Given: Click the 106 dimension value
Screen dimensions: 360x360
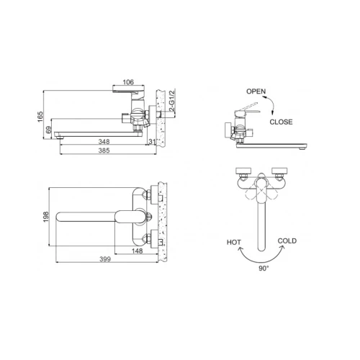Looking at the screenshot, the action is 128,82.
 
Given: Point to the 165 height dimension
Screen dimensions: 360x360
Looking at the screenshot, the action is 40,117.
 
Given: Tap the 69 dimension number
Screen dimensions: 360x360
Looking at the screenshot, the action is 49,130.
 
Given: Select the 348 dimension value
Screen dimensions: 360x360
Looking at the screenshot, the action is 104,142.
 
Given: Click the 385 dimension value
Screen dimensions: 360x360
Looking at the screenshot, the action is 104,150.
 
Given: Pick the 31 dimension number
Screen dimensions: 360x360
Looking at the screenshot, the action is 152,142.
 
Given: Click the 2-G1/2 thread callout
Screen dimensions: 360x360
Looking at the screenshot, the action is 172,100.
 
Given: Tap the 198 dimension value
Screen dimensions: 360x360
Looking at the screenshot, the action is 46,217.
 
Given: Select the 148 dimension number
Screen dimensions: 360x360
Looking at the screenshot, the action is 138,251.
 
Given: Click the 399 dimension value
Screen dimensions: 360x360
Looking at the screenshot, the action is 105,259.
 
